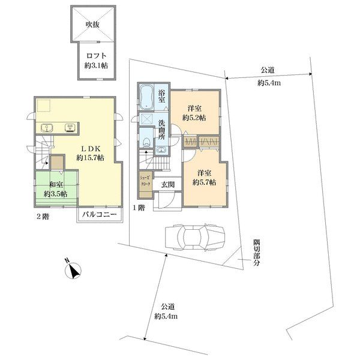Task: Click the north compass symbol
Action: (73, 270)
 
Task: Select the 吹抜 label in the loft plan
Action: (93, 25)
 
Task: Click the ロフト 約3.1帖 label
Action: (96, 61)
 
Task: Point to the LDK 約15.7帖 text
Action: (90, 154)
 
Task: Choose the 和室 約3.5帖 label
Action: (56, 190)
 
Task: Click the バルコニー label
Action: (100, 215)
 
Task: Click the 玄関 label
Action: (167, 185)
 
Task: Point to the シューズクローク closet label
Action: (145, 181)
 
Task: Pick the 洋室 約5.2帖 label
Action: (194, 113)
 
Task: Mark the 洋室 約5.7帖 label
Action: (204, 178)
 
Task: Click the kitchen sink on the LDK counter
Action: (47, 128)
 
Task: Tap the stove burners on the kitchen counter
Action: (70, 128)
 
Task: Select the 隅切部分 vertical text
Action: (257, 253)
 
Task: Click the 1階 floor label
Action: (139, 208)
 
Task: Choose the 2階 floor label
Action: (43, 217)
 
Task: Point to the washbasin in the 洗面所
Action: (162, 150)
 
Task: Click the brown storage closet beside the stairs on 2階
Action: (57, 163)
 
